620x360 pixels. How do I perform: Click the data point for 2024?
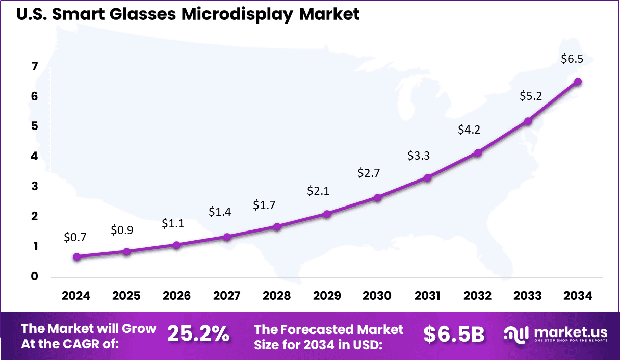pyautogui.click(x=76, y=257)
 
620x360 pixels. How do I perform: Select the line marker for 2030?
pyautogui.click(x=377, y=198)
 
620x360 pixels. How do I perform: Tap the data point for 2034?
pyautogui.click(x=578, y=82)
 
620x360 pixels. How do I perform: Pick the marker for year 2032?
pyautogui.click(x=478, y=153)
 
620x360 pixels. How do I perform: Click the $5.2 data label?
pyautogui.click(x=530, y=95)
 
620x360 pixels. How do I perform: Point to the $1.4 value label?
pyautogui.click(x=220, y=212)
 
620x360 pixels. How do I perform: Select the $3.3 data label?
pyautogui.click(x=419, y=156)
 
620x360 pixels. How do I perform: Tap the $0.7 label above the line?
pyautogui.click(x=75, y=237)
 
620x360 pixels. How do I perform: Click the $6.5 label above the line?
pyautogui.click(x=572, y=59)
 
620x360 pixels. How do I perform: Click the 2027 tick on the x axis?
pyautogui.click(x=226, y=296)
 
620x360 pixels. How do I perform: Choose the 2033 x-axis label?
pyautogui.click(x=528, y=296)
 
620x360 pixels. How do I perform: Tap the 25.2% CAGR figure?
pyautogui.click(x=198, y=335)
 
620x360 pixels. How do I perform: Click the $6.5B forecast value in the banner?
pyautogui.click(x=453, y=335)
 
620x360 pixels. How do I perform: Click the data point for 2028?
pyautogui.click(x=277, y=227)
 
